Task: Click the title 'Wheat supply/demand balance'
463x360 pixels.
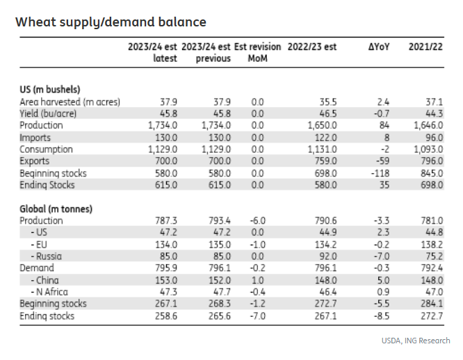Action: [x=111, y=22]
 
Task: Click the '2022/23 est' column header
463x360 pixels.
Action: [x=311, y=47]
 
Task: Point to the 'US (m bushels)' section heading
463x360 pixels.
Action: [x=49, y=89]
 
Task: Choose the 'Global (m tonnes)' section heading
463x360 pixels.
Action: [x=56, y=208]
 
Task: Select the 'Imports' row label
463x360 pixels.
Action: [x=37, y=137]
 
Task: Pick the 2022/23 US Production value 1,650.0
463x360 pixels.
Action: [x=320, y=125]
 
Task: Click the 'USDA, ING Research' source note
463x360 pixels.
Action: [x=415, y=341]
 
